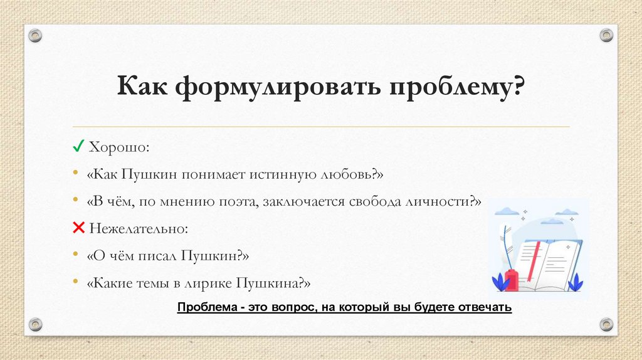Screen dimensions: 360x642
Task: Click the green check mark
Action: (79, 147)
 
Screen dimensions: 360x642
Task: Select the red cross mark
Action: (79, 228)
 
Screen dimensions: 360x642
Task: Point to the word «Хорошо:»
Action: (120, 147)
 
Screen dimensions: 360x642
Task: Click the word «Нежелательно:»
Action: (139, 228)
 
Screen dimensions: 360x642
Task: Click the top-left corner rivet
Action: (36, 35)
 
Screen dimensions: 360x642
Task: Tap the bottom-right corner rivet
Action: (606, 324)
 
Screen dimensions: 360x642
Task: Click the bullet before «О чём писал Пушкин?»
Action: (75, 255)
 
